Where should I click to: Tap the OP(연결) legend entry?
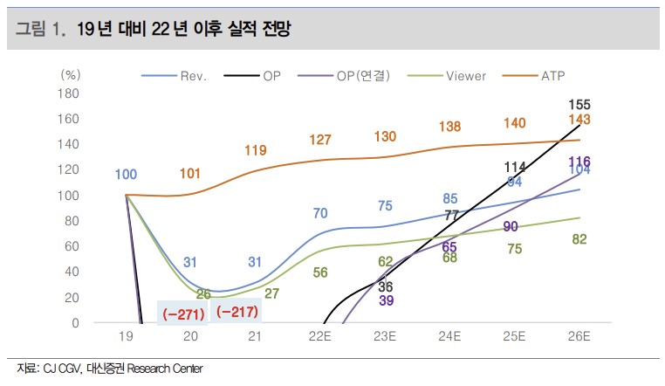[x=360, y=76]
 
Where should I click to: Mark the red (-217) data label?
[x=237, y=310]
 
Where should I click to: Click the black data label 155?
[x=578, y=105]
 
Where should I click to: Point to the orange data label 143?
[x=579, y=120]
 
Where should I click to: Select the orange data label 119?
[x=255, y=150]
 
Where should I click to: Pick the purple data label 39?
[x=386, y=300]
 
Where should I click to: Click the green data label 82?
[x=578, y=239]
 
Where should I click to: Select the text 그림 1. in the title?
[x=41, y=30]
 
